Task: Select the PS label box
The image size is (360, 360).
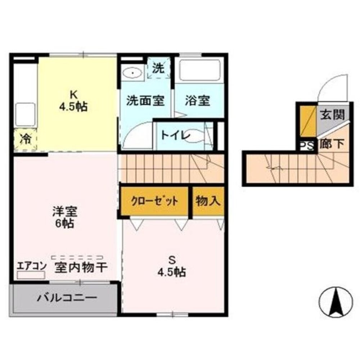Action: pyautogui.click(x=307, y=146)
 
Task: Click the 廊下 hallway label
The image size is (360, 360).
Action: pyautogui.click(x=332, y=145)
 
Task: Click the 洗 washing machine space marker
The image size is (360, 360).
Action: pyautogui.click(x=159, y=68)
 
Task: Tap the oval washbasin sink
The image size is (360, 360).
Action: pyautogui.click(x=132, y=73)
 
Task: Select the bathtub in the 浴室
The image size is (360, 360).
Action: pyautogui.click(x=199, y=70)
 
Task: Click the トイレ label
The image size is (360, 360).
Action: pyautogui.click(x=176, y=135)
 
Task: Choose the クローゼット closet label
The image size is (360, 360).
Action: pyautogui.click(x=154, y=201)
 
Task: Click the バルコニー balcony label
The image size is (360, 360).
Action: pyautogui.click(x=67, y=298)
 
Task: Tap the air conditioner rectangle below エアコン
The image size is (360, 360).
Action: pyautogui.click(x=31, y=275)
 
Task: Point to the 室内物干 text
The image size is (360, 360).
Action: pyautogui.click(x=81, y=268)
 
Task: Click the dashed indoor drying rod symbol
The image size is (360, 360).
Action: pyautogui.click(x=77, y=257)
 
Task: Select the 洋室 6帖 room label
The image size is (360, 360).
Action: pyautogui.click(x=65, y=217)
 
